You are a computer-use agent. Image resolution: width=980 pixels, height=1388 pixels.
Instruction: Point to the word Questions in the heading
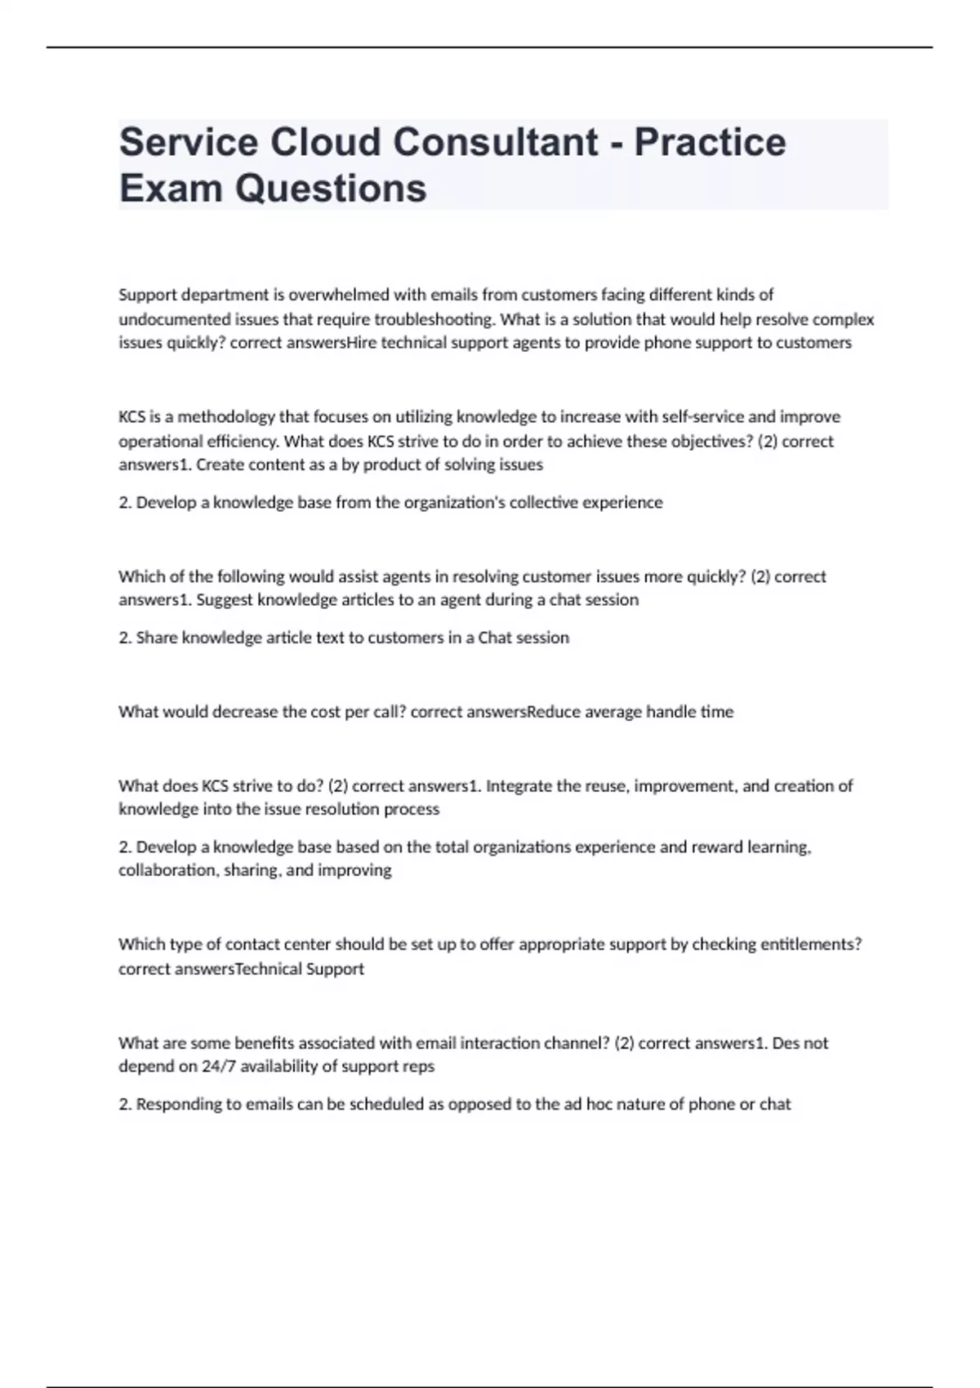click(x=331, y=188)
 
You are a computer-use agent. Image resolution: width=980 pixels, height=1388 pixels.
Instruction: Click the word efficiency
click(x=238, y=442)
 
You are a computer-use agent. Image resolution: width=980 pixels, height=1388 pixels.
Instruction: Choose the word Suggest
click(x=225, y=600)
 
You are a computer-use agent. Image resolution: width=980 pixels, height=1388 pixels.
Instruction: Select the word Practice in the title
click(x=710, y=142)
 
